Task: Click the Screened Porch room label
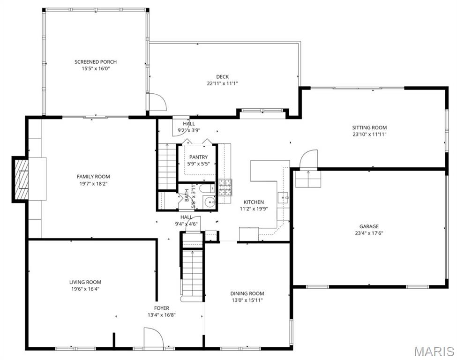[x=96, y=62]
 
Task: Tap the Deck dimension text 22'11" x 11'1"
[x=223, y=83]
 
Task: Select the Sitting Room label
[x=369, y=127]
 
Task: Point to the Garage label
[x=369, y=226]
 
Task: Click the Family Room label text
[x=93, y=177]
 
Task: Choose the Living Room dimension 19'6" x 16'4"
[x=85, y=289]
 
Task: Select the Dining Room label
[x=247, y=293]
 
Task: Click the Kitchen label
[x=253, y=202]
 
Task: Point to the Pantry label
[x=199, y=157]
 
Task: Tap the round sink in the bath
[x=210, y=202]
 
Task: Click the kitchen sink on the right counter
[x=283, y=197]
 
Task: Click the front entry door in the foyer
[x=153, y=338]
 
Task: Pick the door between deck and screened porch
[x=156, y=102]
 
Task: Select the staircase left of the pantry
[x=167, y=166]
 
